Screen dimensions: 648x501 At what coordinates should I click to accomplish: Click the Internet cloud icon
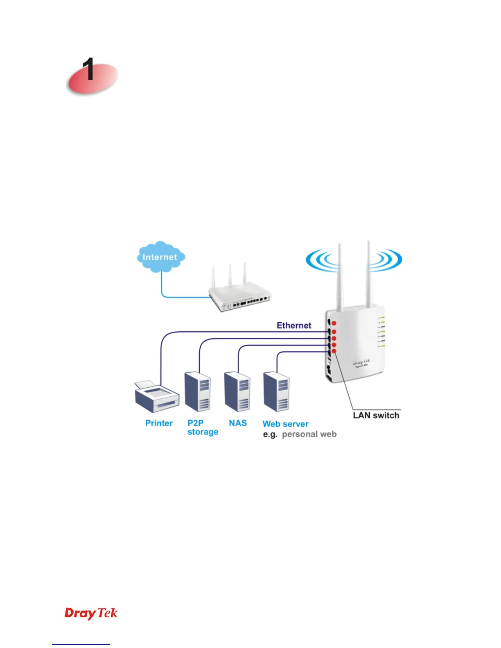pos(161,257)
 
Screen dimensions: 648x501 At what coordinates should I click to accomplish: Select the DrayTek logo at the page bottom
pos(91,613)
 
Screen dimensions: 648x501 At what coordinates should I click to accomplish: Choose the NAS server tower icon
pos(237,391)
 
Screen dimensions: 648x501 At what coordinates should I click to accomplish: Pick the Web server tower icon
pos(277,391)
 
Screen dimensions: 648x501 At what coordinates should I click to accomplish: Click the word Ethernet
pos(294,325)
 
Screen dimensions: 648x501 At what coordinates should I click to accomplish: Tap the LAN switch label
pos(376,415)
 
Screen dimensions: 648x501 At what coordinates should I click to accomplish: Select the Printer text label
pos(159,423)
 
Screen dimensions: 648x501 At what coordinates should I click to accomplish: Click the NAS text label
pos(238,423)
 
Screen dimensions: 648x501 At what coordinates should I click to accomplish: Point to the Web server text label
pos(285,424)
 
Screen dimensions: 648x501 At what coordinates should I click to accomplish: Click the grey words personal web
pos(309,434)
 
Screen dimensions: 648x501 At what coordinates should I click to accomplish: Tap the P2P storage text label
pos(203,427)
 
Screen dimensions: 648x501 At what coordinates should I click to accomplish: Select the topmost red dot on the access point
pos(334,323)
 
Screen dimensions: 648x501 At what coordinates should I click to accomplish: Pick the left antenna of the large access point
pos(339,278)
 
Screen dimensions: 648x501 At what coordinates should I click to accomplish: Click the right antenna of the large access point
pos(368,274)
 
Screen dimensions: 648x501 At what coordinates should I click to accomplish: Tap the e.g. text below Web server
pos(270,434)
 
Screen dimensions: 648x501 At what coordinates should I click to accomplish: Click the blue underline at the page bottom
pos(81,644)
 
